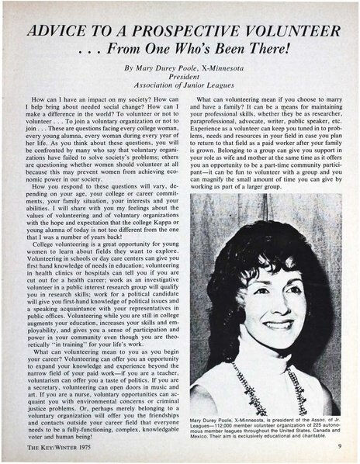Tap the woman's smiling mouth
pos(278,324)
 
